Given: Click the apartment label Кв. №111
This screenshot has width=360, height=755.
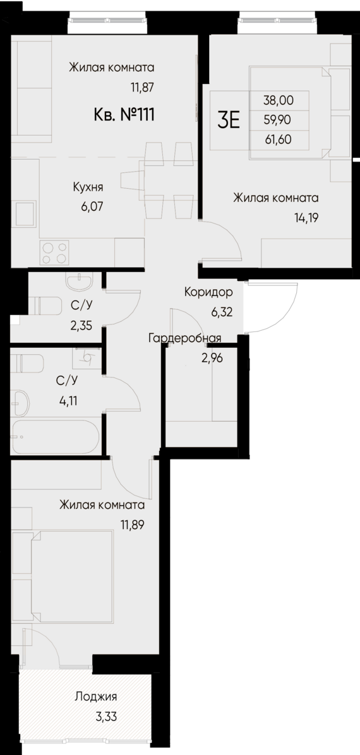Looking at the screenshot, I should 124,115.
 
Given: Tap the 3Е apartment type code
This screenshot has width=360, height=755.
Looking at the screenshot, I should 228,119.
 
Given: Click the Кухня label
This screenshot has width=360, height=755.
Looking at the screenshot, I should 88,187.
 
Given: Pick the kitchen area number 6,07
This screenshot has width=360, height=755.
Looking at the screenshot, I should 88,205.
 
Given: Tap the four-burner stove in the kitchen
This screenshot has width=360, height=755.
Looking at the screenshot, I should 54,252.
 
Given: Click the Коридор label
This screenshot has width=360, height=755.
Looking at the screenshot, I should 208,292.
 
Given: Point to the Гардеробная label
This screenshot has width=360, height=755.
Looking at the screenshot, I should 184,338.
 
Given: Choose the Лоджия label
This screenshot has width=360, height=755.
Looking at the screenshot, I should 96,697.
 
